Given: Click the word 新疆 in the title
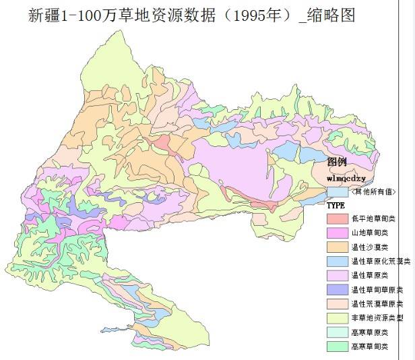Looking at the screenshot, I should click(x=44, y=14).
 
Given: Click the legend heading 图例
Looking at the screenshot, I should click(x=337, y=162).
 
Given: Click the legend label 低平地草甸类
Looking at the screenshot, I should click(x=374, y=218).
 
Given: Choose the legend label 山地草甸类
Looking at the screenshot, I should click(x=370, y=233).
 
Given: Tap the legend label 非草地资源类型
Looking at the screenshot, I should click(x=378, y=318).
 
